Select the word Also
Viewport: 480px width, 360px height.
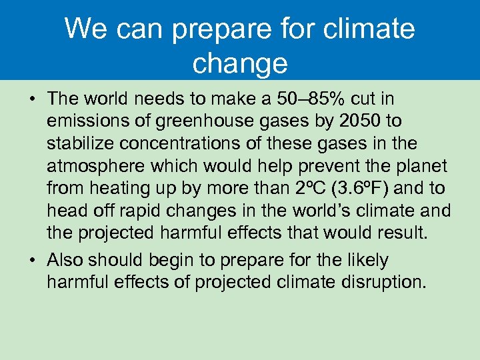[67, 260]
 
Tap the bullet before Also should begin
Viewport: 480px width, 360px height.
[31, 260]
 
